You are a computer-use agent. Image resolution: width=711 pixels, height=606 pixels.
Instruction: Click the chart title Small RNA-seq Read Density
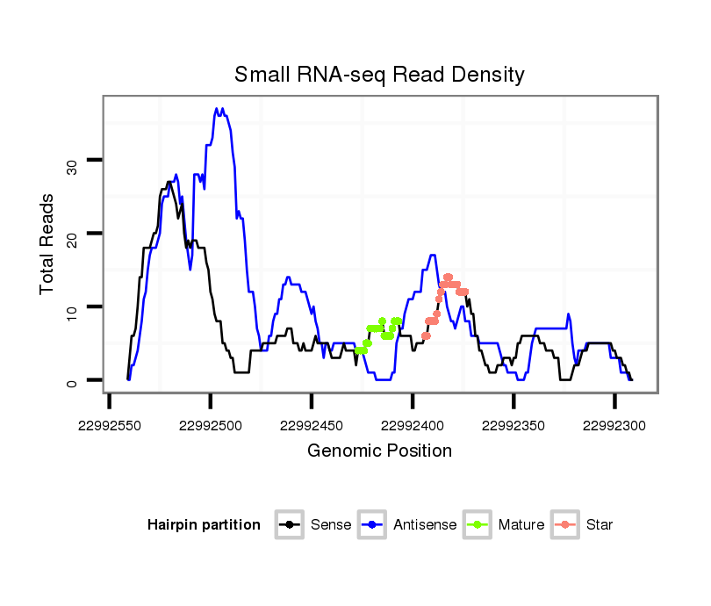(x=379, y=75)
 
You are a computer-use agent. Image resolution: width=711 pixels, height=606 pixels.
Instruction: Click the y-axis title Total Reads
(x=47, y=243)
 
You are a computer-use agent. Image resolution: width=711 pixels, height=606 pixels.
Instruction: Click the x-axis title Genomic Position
(x=379, y=451)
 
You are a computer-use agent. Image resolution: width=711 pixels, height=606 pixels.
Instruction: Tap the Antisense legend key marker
(x=372, y=525)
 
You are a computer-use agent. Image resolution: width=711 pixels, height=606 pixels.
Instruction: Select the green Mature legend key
(x=478, y=525)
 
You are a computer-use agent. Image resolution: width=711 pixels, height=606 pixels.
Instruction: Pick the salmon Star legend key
(x=564, y=525)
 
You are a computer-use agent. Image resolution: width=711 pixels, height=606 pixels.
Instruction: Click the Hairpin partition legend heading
(x=204, y=525)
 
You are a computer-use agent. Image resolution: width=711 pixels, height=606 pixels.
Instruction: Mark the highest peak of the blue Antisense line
(x=217, y=109)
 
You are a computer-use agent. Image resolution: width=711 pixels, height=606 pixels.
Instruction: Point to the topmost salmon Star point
(x=448, y=277)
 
